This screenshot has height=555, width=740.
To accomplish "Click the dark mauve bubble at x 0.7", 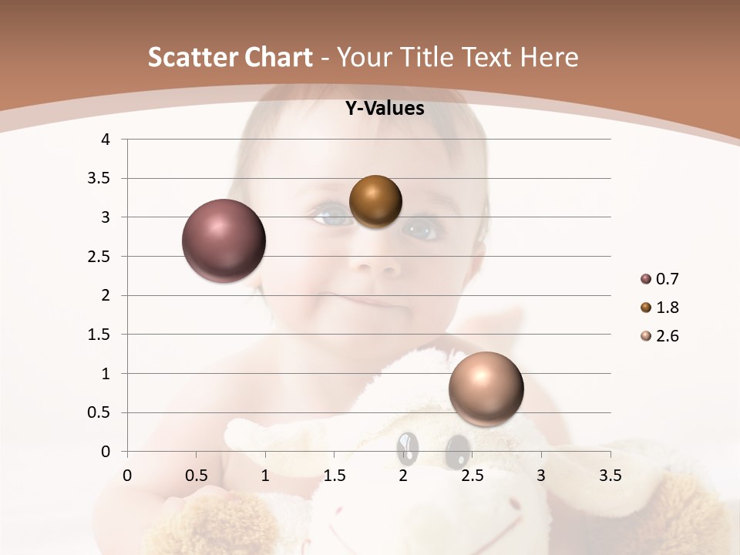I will tap(224, 240).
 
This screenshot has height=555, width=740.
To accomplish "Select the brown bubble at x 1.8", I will tap(375, 201).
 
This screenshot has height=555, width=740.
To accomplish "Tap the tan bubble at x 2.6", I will tap(486, 388).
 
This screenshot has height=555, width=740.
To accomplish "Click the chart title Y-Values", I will tap(385, 109).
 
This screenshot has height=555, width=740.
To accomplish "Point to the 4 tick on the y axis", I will tap(106, 140).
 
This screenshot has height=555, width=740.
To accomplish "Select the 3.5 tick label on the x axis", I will tap(610, 476).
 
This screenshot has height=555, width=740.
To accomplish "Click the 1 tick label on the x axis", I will tap(265, 476).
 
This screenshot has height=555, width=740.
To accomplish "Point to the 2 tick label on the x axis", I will tap(403, 476).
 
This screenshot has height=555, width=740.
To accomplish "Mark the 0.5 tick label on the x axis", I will tap(196, 476).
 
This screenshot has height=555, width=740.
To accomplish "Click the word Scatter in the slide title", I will tap(188, 57).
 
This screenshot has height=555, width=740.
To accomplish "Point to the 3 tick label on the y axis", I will tap(106, 217).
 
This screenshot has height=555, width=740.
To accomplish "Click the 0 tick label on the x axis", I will tap(127, 476).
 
